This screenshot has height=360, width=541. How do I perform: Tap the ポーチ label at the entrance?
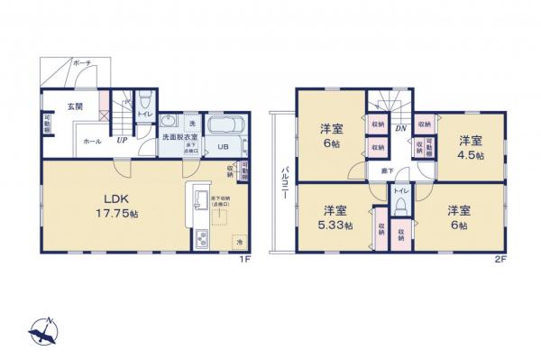[82, 63]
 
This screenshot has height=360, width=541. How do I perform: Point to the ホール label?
[92, 141]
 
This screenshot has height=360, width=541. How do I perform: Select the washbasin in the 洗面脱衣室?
[168, 122]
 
